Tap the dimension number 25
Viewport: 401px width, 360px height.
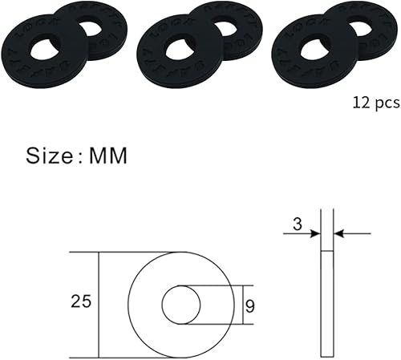(81, 302)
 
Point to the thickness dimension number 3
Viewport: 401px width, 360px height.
(297, 226)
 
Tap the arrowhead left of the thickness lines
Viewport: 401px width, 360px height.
(316, 233)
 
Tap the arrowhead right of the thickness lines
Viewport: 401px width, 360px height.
(339, 233)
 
